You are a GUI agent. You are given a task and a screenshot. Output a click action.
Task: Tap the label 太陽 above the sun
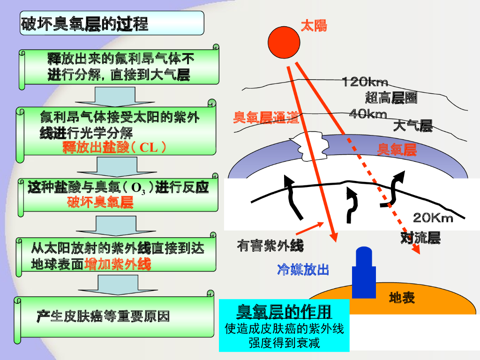pyautogui.click(x=314, y=25)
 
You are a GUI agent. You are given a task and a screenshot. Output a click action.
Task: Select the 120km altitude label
pyautogui.click(x=365, y=82)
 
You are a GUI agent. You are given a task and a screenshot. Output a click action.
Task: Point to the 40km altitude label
pyautogui.click(x=368, y=114)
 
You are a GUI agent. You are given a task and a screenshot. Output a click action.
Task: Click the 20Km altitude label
pyautogui.click(x=433, y=218)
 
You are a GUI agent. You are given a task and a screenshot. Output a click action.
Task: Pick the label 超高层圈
pyautogui.click(x=391, y=98)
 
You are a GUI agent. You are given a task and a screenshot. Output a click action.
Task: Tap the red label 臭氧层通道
pyautogui.click(x=266, y=118)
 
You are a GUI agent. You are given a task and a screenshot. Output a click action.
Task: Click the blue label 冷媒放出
pyautogui.click(x=303, y=270)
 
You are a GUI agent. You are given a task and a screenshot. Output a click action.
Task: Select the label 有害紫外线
pyautogui.click(x=270, y=246)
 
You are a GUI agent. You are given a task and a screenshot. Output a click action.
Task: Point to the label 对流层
pyautogui.click(x=420, y=238)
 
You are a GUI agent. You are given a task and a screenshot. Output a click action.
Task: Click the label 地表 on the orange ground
pyautogui.click(x=402, y=298)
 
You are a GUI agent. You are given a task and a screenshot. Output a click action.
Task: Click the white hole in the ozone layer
pyautogui.click(x=310, y=146)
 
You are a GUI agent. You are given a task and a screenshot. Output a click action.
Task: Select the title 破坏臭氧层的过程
pyautogui.click(x=84, y=23)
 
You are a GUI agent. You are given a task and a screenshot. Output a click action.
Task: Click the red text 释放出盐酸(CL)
pyautogui.click(x=114, y=148)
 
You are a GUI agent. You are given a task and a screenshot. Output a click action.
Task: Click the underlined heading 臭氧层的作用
pyautogui.click(x=284, y=311)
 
